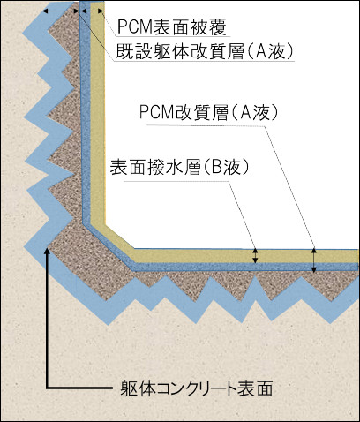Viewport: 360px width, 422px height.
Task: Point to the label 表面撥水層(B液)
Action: pos(180,167)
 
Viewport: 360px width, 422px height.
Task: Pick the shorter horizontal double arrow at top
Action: pos(92,11)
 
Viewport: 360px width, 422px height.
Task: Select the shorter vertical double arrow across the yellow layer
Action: pos(256,256)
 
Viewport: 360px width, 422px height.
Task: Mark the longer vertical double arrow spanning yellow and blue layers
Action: pos(313,261)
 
